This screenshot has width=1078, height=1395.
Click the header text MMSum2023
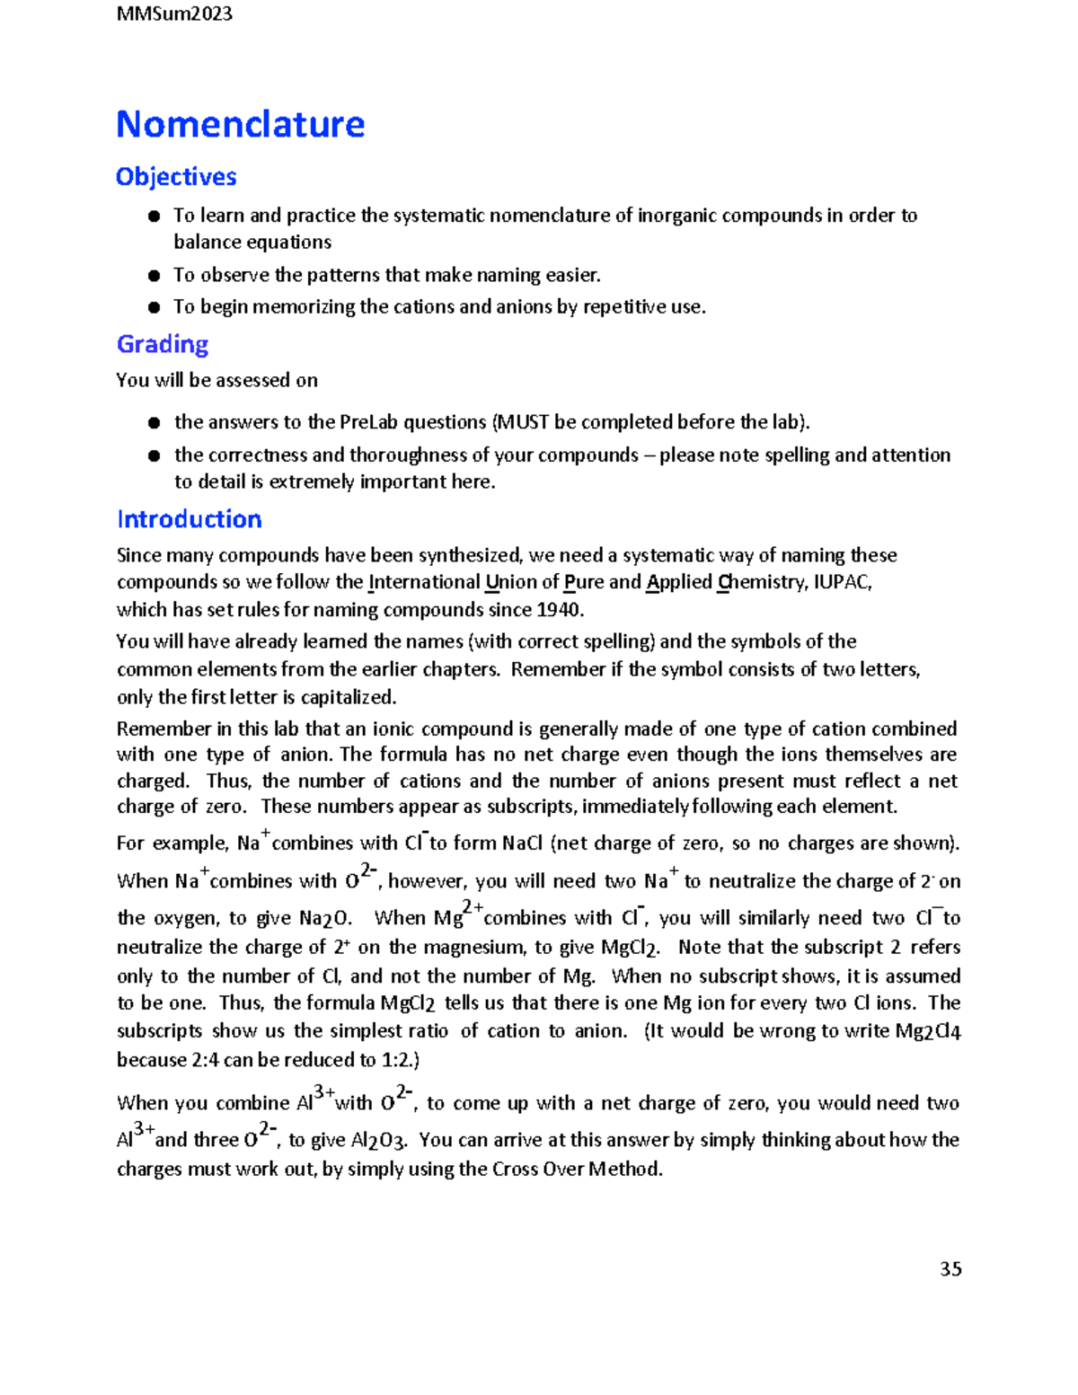click(174, 13)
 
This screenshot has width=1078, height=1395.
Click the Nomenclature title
click(240, 124)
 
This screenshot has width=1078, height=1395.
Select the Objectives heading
click(176, 177)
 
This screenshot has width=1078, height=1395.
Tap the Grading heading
click(163, 344)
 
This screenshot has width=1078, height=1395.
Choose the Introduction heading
click(190, 519)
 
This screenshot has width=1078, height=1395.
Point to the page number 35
click(950, 1269)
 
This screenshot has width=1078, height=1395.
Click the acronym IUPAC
click(842, 582)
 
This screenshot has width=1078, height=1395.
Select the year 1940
click(559, 610)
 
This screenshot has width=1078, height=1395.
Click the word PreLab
click(368, 422)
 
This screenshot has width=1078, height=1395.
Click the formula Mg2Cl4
click(928, 1031)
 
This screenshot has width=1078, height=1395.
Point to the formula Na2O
click(324, 918)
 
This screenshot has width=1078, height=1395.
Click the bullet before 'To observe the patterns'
click(154, 276)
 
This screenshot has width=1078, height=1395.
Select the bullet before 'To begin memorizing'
click(154, 307)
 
